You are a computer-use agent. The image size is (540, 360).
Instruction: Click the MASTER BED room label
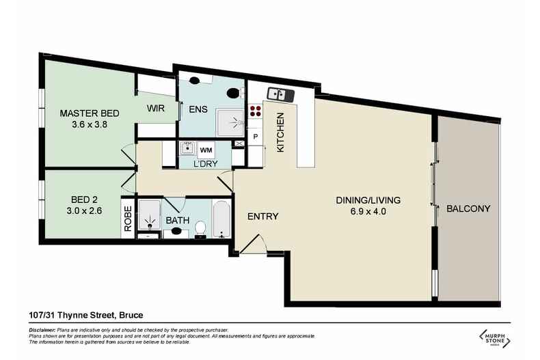86,113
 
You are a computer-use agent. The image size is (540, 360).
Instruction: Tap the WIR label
157,107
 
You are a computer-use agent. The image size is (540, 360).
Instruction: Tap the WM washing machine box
206,150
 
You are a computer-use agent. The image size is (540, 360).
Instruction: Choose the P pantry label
255,137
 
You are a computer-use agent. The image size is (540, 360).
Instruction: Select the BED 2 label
86,199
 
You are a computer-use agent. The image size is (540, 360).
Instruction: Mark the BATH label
178,220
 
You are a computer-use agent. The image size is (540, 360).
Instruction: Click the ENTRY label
262,217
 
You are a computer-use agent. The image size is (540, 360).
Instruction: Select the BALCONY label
468,209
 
